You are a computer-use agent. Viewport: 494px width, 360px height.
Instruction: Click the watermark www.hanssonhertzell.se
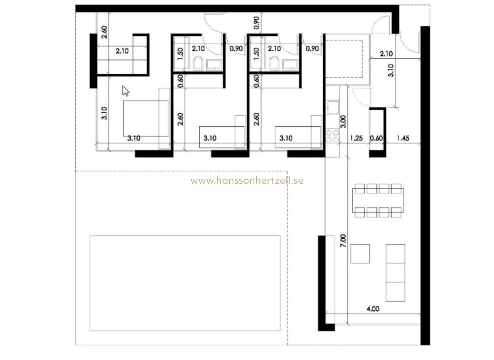coord(247,181)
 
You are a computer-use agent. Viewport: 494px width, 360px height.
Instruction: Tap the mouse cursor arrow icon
coord(125,91)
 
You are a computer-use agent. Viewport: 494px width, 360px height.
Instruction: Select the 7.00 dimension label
coord(343,240)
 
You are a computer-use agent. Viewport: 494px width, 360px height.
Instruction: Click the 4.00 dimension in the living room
coord(373,309)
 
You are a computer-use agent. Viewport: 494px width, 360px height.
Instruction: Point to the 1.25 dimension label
coord(356,138)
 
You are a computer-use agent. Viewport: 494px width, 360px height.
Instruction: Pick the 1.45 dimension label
coord(403,138)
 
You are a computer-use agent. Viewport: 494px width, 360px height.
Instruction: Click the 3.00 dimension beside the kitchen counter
coord(343,122)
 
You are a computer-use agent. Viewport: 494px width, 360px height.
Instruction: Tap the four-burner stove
coord(333,136)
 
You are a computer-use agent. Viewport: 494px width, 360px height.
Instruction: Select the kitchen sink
coord(333,107)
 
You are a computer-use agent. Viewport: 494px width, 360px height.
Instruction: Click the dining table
coord(378,200)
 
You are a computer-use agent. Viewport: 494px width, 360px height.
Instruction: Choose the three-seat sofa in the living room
coord(396,272)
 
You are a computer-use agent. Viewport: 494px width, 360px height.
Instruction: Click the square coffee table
coord(360,254)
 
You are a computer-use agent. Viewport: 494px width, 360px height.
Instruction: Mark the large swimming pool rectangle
coord(185,283)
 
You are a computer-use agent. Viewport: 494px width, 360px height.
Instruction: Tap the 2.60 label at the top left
coord(104,32)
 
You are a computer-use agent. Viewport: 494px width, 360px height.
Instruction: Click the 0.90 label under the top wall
coord(256,23)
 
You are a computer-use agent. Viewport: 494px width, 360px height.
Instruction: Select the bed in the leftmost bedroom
coord(146,118)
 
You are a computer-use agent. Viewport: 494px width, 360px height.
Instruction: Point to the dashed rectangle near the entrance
coord(344,59)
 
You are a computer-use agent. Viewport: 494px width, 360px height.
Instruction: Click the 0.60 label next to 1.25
coord(376,138)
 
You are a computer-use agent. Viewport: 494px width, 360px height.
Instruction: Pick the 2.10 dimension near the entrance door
coord(386,54)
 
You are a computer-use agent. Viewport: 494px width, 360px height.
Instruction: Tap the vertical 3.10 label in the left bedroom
coord(104,113)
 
